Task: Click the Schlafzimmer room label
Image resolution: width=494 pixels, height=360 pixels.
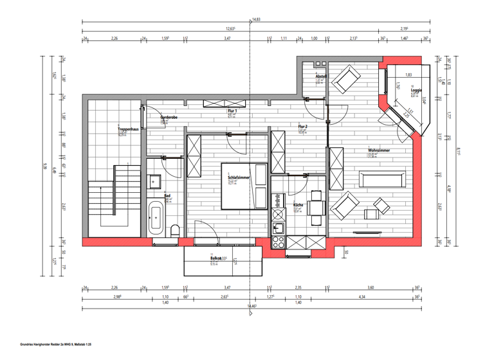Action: coord(239,178)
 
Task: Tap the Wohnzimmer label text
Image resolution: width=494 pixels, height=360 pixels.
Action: coord(380,150)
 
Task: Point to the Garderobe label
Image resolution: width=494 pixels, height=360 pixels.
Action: coord(169,118)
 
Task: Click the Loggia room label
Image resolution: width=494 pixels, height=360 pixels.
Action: coord(416,90)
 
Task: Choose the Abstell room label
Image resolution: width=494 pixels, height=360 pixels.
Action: coord(321,76)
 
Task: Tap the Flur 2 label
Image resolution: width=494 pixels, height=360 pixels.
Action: coord(302,127)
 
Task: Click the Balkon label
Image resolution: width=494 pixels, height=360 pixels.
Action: coord(215,258)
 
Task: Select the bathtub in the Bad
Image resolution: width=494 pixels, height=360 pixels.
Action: coord(156,219)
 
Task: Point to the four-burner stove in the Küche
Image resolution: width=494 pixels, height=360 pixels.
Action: coord(279,242)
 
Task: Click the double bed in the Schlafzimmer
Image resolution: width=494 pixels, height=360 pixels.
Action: coord(244,187)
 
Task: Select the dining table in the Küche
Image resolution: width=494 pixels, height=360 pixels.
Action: coord(316,206)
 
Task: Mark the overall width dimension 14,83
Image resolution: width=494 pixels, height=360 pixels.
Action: coord(256,19)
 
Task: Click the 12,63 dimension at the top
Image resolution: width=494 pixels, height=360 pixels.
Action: coord(230,29)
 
